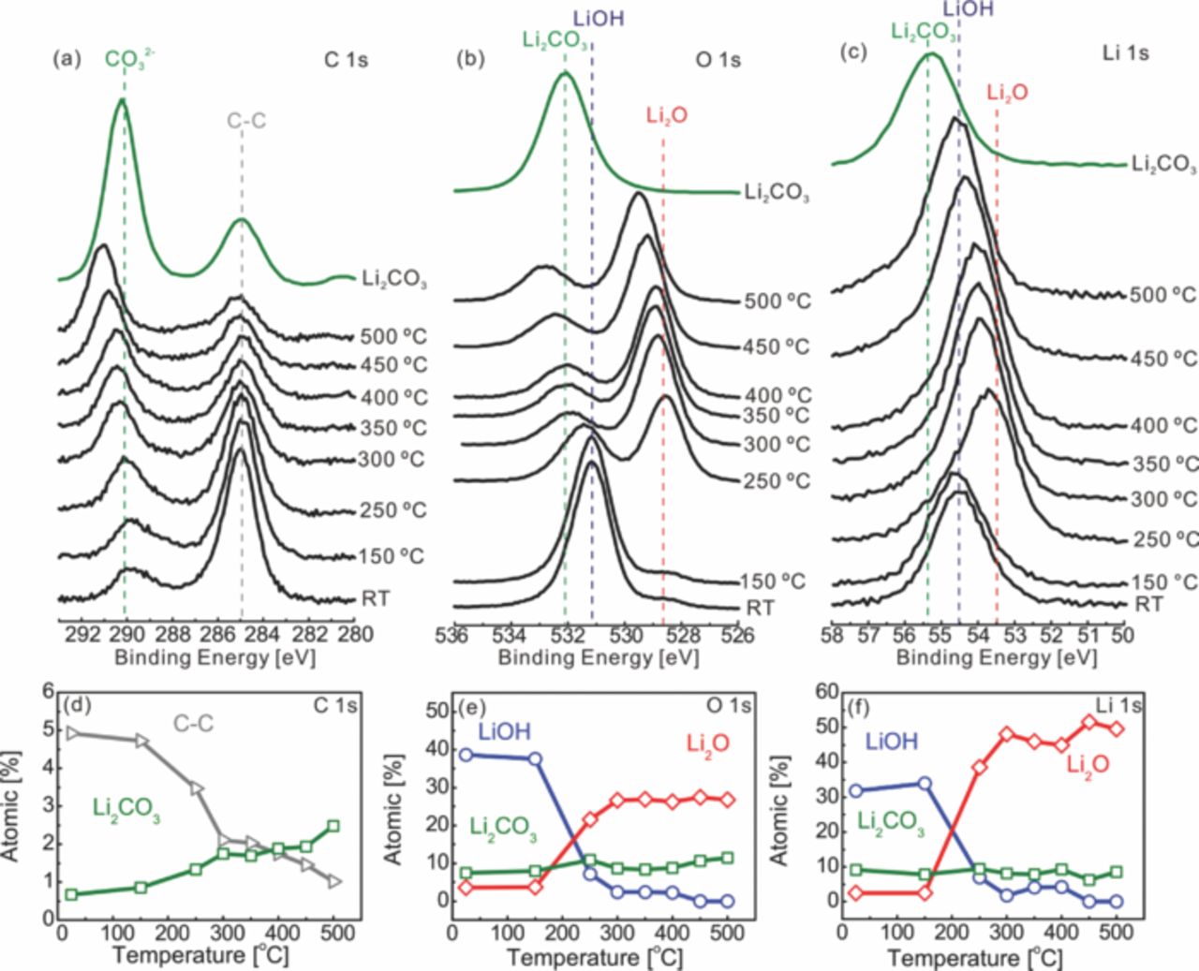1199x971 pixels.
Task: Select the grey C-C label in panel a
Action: click(246, 121)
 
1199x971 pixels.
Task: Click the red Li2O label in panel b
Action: click(667, 116)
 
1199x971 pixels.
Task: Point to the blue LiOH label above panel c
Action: click(968, 9)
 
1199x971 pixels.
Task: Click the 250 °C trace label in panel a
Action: click(392, 511)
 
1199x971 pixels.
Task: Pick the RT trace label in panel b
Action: click(760, 609)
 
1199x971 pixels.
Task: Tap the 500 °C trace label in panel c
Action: click(1162, 295)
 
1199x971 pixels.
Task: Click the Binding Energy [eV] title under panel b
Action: click(598, 658)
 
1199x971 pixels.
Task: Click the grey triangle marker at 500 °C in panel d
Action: click(335, 881)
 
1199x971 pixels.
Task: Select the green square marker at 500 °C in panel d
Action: click(333, 827)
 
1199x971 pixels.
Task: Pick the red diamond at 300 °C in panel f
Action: click(1008, 735)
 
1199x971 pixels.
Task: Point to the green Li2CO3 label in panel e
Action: click(503, 828)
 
